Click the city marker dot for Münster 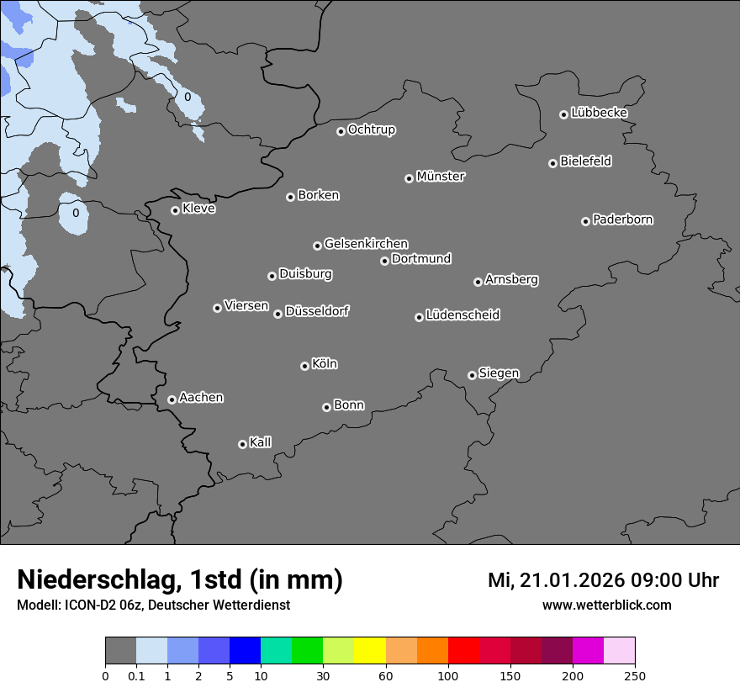(409, 178)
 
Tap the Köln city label (325, 364)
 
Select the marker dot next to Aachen (172, 399)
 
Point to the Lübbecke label (599, 113)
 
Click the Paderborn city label (622, 219)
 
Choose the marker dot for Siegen (472, 375)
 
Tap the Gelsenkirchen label (366, 244)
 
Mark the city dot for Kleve (175, 210)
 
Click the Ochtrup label (371, 130)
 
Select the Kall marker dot (242, 444)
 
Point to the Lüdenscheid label (462, 315)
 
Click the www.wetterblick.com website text (606, 605)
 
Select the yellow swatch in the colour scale (370, 651)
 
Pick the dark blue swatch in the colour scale (245, 651)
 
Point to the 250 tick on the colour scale (635, 675)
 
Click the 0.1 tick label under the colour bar (136, 675)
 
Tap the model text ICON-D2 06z (97, 605)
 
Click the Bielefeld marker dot (552, 163)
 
